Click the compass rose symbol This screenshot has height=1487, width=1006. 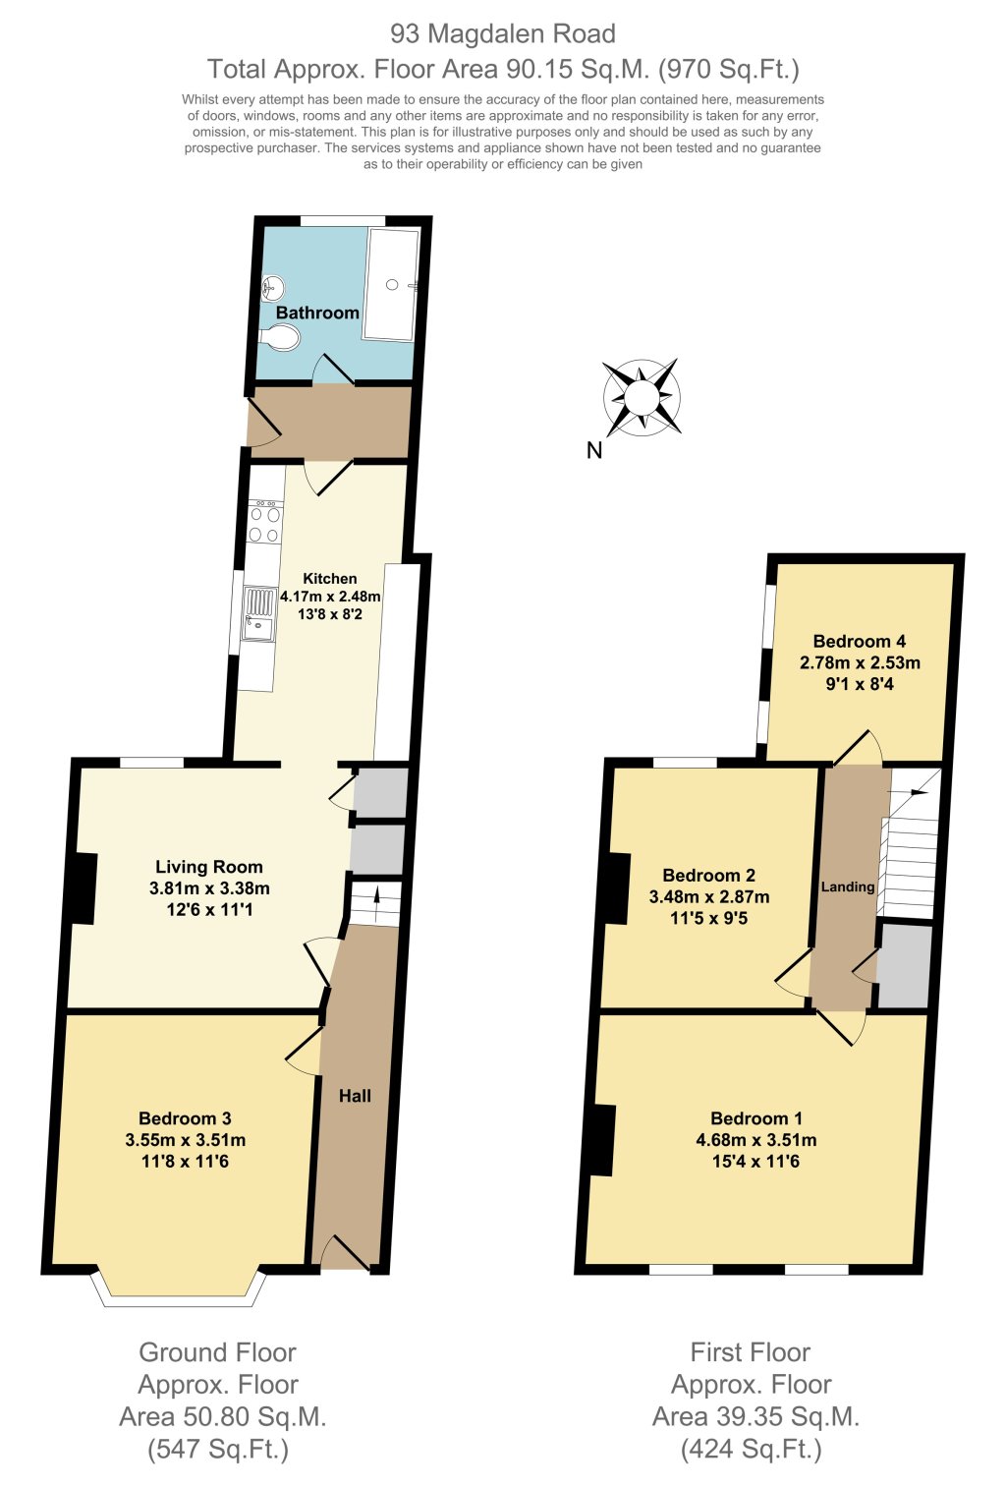tap(642, 398)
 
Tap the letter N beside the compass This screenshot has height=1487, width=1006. tap(593, 451)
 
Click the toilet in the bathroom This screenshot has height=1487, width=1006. tap(281, 338)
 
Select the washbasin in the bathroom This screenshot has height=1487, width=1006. tap(274, 288)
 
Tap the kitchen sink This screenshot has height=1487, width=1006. tap(259, 614)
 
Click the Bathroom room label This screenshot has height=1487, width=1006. tap(317, 313)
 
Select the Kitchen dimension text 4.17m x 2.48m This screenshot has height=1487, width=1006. tap(330, 596)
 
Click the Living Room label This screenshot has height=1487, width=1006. tap(209, 867)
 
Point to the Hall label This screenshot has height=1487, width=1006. tap(355, 1096)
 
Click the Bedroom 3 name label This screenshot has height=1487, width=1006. tap(185, 1118)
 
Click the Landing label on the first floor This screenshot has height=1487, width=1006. tap(848, 886)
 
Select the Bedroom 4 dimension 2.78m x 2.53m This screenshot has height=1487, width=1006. tap(860, 662)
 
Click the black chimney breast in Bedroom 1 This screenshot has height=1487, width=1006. tap(599, 1140)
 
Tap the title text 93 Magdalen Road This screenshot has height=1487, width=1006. tap(503, 33)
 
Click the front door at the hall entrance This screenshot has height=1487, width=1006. tap(345, 1258)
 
